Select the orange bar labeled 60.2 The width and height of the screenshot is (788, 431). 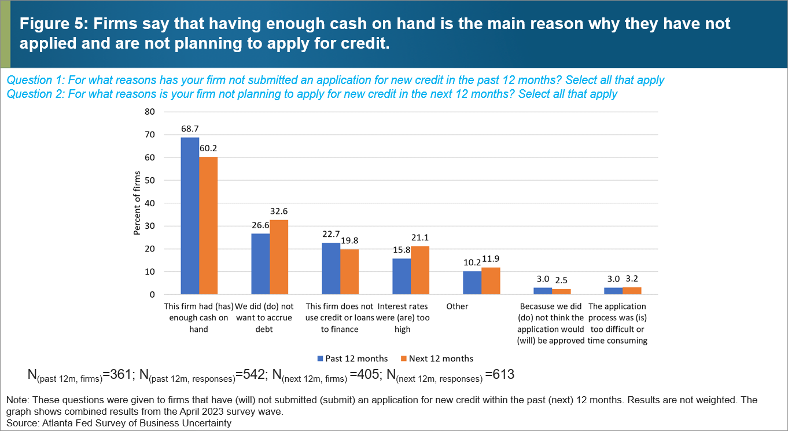coord(208,225)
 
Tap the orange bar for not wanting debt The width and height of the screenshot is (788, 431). coord(279,257)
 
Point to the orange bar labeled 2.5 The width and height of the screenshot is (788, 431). coord(561,291)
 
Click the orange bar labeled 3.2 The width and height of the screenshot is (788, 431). coord(631,291)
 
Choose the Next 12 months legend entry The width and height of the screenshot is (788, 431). coord(439,359)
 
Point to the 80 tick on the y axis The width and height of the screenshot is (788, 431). coord(150,112)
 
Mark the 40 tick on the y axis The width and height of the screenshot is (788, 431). coord(150,203)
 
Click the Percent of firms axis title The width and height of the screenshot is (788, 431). coord(137,203)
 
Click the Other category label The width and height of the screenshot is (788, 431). coord(457,306)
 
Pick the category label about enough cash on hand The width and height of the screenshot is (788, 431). coord(200,317)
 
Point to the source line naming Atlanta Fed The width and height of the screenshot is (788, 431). coord(119,423)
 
